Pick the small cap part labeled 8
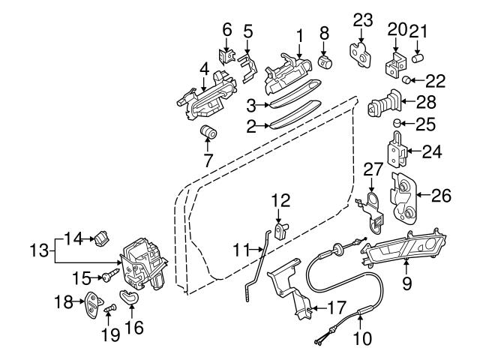(325, 60)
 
